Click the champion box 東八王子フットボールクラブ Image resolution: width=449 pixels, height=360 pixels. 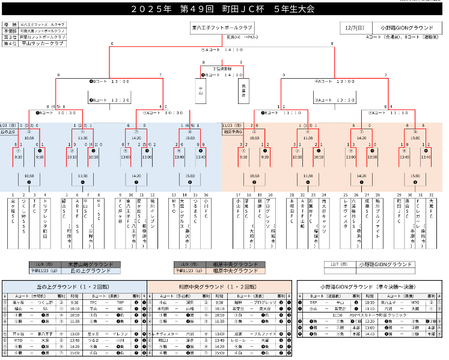222,28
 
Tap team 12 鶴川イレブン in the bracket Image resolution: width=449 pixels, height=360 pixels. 153,214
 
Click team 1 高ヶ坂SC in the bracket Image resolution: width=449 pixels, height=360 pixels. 13,213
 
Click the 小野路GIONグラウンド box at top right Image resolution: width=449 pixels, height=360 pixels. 405,28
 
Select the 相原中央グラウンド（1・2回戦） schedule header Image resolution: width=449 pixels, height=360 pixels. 221,287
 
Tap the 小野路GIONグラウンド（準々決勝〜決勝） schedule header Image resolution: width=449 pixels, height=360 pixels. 373,287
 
